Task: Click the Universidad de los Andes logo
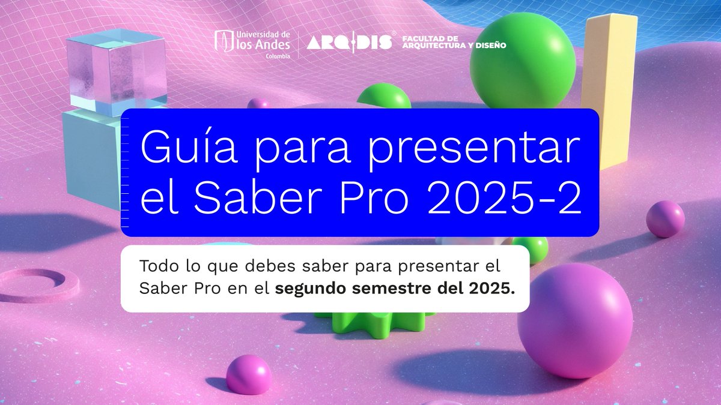[x=252, y=43]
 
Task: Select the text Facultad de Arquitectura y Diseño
[x=446, y=42]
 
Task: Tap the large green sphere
[x=523, y=60]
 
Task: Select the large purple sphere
[x=575, y=320]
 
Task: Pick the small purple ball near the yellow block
[x=665, y=219]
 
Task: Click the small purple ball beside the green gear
[x=249, y=374]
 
